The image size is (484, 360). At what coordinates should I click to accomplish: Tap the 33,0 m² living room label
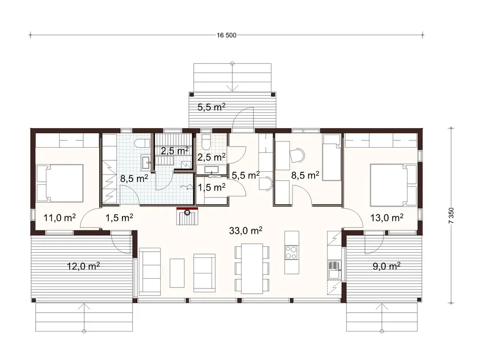(246, 231)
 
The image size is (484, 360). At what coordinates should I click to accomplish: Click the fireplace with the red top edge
(188, 215)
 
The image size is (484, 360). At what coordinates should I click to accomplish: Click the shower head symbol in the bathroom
(183, 187)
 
